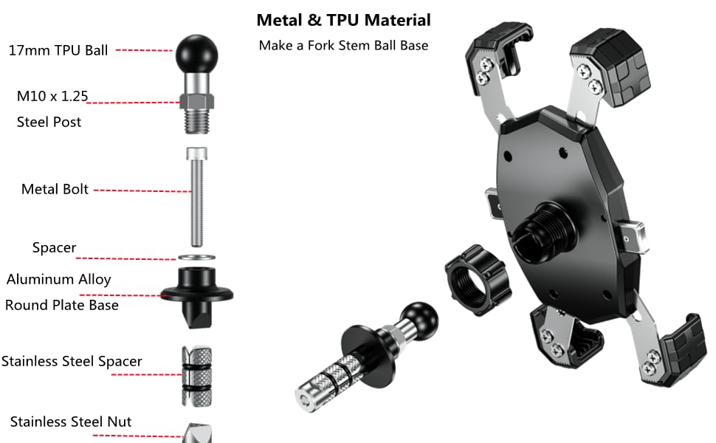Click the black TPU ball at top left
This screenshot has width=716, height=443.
(x=196, y=49)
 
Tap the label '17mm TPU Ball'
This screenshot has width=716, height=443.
(x=58, y=50)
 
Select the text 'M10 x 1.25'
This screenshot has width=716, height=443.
(x=52, y=96)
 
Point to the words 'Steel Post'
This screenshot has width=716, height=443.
(x=49, y=122)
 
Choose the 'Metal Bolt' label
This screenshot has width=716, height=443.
(x=55, y=189)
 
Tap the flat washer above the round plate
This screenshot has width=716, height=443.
(x=196, y=256)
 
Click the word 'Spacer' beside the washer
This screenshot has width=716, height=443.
(x=54, y=247)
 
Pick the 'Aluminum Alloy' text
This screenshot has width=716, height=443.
(x=59, y=279)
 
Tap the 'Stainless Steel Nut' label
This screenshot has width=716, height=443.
(x=71, y=422)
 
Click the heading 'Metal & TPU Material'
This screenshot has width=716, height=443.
(x=343, y=20)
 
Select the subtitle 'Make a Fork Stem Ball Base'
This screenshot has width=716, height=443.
(x=343, y=45)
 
